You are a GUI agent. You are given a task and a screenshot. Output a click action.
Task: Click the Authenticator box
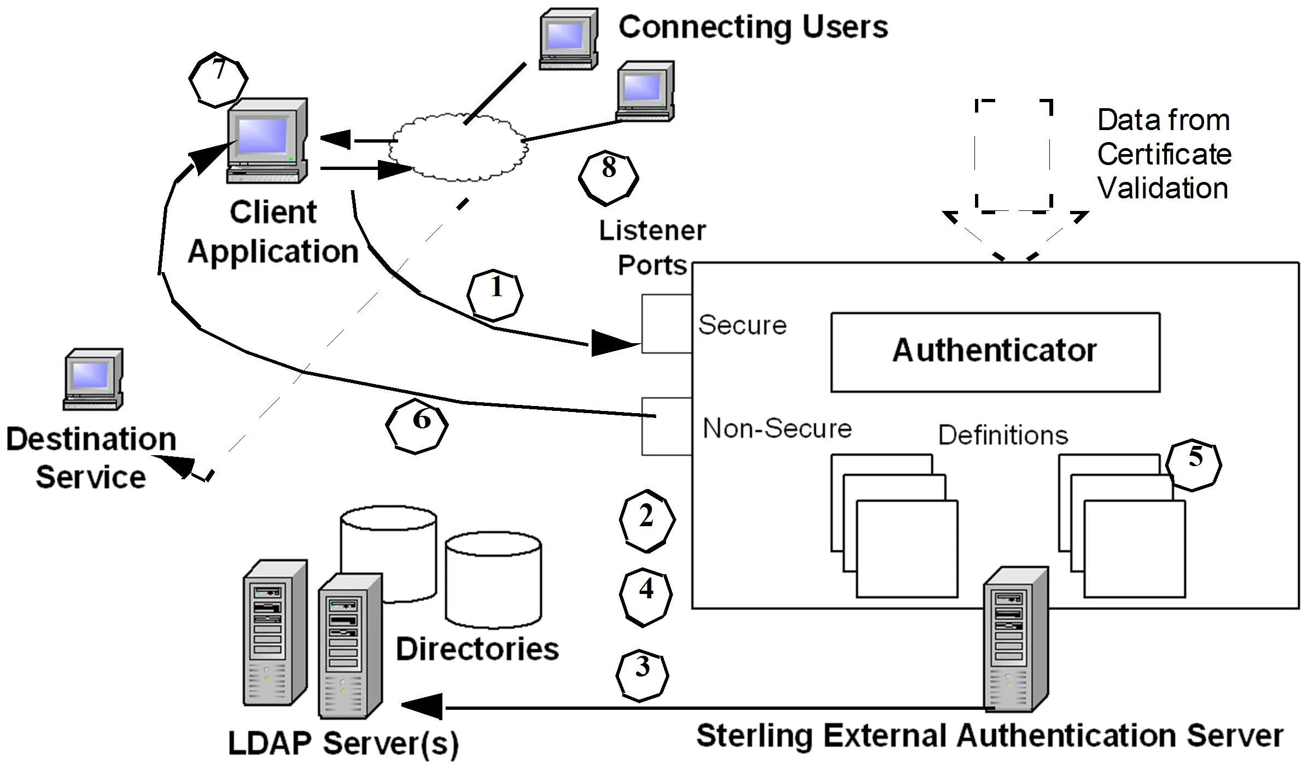tap(995, 352)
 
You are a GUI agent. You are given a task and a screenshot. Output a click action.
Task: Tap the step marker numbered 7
tap(218, 79)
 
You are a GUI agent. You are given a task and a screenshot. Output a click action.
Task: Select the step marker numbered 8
tap(608, 178)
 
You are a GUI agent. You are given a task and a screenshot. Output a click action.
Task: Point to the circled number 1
tap(495, 295)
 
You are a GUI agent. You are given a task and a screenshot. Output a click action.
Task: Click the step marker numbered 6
tap(417, 426)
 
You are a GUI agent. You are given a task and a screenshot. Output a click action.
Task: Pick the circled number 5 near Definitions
tap(1193, 464)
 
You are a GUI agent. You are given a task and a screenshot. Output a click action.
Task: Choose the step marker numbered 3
tap(642, 675)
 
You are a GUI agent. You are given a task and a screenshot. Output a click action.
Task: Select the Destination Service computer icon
tap(93, 379)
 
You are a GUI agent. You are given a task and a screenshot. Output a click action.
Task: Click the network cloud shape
tap(459, 147)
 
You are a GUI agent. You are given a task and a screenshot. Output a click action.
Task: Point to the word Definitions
tap(1003, 436)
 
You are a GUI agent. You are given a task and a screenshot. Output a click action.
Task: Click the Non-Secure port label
tap(777, 428)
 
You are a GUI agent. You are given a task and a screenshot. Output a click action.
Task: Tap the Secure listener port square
tap(666, 323)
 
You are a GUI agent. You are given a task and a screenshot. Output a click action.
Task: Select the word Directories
tap(477, 649)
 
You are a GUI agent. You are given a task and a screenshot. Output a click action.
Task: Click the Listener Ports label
tap(652, 248)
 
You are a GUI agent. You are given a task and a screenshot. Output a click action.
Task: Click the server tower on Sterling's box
tap(1015, 639)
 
